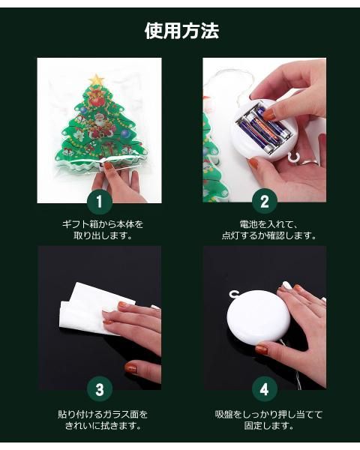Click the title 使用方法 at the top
(181, 31)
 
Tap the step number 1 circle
(99, 202)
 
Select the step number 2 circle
(265, 202)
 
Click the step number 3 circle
(99, 389)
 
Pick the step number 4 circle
(265, 389)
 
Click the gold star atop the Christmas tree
(97, 79)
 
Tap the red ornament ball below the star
(97, 100)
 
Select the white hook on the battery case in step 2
(292, 157)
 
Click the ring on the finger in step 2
(310, 163)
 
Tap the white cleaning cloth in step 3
(92, 309)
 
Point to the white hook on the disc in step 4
(235, 294)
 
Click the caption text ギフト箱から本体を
(103, 223)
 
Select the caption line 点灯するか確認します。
(269, 235)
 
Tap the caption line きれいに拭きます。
(103, 425)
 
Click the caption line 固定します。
(268, 425)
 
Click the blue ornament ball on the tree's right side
(125, 133)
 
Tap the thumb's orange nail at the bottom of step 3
(130, 367)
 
